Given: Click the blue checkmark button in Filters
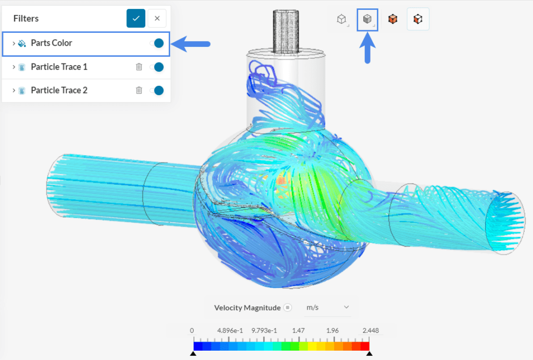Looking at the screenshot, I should pos(136,18).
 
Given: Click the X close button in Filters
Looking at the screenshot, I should pos(157,18).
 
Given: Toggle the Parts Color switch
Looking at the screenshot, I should pos(157,43).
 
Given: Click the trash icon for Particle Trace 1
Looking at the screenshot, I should pos(139,67).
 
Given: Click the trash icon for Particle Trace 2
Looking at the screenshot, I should pos(139,90).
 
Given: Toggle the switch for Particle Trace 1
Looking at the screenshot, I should pos(157,67).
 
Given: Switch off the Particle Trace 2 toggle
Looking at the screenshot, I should pos(157,90).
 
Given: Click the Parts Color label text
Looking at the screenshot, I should pos(52,43).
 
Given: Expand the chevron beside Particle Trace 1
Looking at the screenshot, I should pos(14,67).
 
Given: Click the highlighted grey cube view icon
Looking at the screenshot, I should pos(367,19).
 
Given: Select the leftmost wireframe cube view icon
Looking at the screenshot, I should pos(341,19).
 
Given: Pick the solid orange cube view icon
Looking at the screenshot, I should pos(392,19).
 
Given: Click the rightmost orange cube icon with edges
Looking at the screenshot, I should pos(417,19).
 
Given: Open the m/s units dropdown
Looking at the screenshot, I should pos(327,307).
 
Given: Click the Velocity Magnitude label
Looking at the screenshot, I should pos(247,307).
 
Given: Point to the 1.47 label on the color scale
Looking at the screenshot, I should pos(298,330).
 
